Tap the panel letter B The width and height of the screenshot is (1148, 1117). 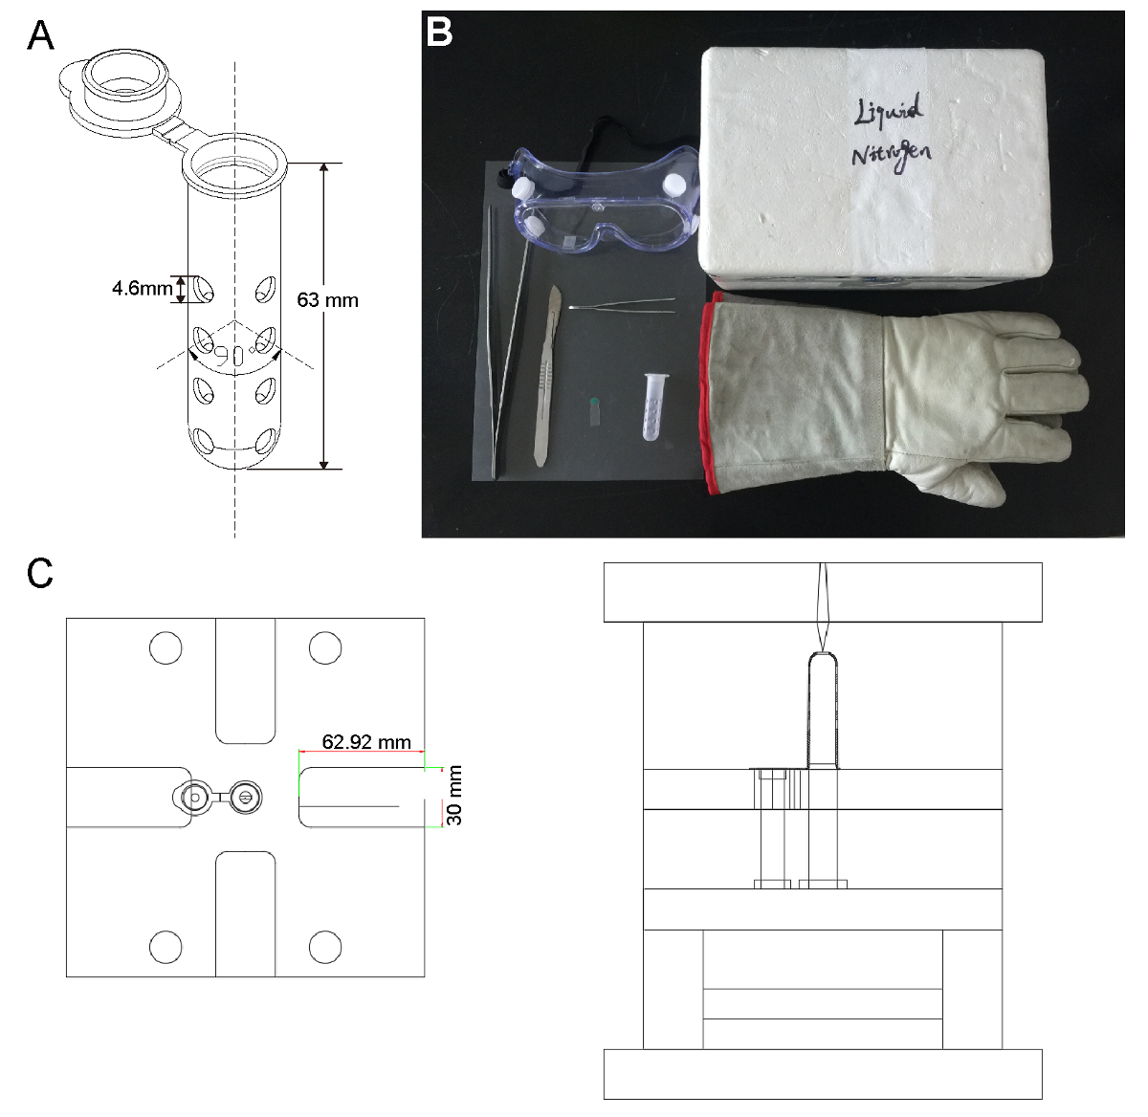438,33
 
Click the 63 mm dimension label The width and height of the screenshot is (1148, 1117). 327,300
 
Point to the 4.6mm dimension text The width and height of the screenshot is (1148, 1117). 142,287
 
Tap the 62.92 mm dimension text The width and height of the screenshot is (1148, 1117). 366,741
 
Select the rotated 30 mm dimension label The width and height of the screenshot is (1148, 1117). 455,795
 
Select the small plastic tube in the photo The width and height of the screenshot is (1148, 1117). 653,405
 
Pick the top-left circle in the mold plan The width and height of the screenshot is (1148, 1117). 166,647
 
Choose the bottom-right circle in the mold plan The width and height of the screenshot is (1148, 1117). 325,947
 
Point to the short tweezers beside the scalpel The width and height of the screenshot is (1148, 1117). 622,306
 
